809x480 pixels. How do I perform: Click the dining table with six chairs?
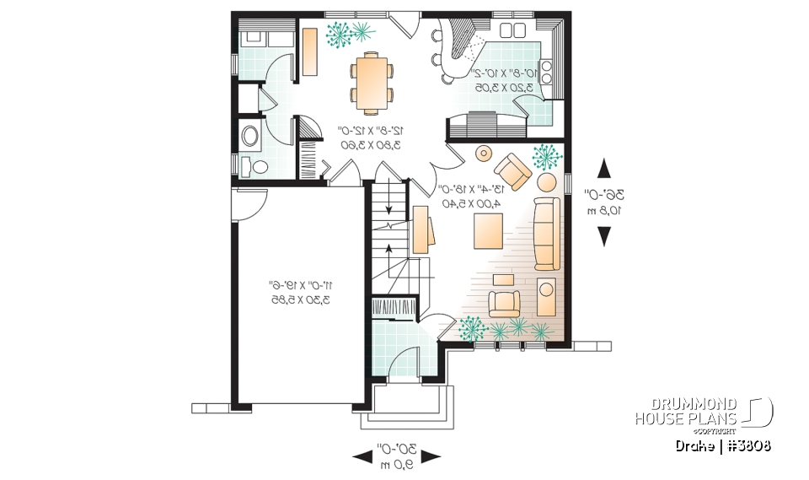[x=372, y=83]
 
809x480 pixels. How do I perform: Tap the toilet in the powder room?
[x=248, y=164]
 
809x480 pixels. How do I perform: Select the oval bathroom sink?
[x=250, y=136]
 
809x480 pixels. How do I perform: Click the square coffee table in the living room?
[x=490, y=230]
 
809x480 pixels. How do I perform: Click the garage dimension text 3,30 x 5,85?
[x=300, y=299]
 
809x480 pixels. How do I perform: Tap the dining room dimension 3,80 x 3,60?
[x=371, y=144]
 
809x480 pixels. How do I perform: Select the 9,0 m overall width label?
[x=395, y=465]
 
